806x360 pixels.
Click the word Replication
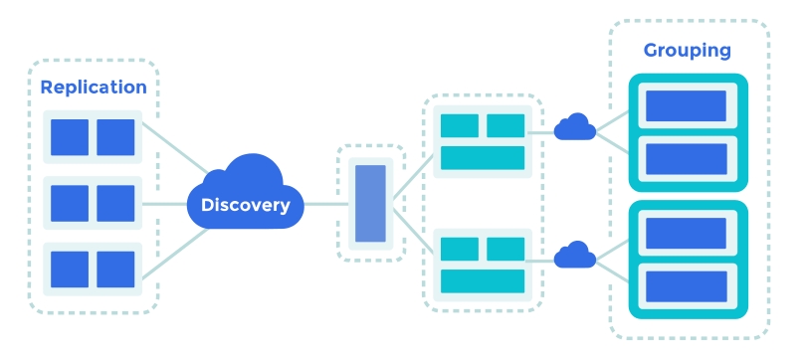click(94, 88)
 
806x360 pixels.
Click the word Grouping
click(688, 50)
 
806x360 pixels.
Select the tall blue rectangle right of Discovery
click(370, 204)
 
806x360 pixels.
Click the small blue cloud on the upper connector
click(574, 128)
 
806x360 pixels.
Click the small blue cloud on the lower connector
click(574, 257)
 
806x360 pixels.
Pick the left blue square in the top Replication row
click(70, 137)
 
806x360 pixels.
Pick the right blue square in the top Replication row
click(115, 137)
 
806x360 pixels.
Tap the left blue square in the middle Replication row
click(70, 203)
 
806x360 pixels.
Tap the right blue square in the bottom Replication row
click(115, 269)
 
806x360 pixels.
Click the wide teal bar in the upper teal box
click(483, 157)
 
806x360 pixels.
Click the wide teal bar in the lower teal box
click(483, 280)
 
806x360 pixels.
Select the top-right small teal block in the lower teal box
click(505, 249)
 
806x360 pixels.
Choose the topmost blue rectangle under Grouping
click(687, 105)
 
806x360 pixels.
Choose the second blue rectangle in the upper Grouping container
click(687, 158)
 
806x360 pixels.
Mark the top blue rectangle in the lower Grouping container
click(687, 234)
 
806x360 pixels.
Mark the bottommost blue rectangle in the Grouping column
click(687, 286)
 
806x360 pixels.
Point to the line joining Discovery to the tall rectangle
click(320, 204)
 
